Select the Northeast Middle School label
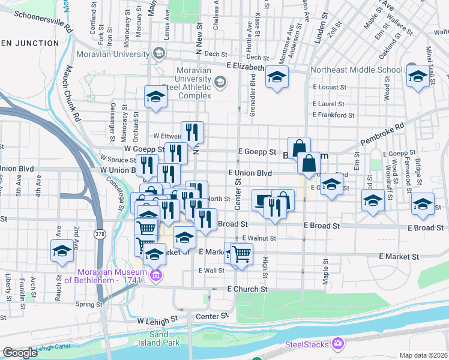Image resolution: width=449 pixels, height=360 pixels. (357, 70)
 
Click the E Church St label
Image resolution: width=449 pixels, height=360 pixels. (247, 289)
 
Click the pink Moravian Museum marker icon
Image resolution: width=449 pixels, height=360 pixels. (156, 275)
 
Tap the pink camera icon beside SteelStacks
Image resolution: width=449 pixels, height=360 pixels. (339, 343)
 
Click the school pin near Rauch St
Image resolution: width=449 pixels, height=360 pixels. (62, 251)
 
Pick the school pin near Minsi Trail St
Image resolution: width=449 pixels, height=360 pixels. (418, 76)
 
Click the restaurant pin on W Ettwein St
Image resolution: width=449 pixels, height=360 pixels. (192, 131)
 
